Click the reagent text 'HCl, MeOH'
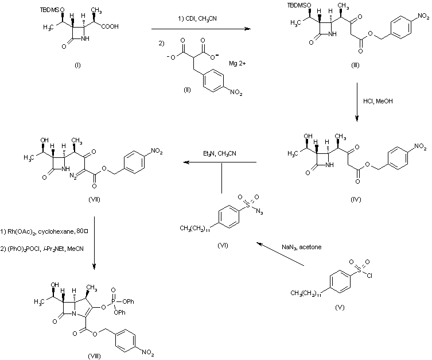377,101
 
